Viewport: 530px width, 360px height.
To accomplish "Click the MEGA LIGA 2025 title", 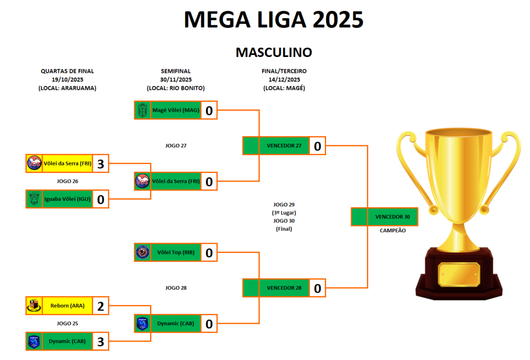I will pos(273,20).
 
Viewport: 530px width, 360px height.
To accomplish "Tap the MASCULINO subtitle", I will pos(273,52).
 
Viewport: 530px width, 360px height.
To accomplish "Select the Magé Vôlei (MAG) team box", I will pos(175,110).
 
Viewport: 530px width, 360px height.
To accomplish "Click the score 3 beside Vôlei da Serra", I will pos(101,164).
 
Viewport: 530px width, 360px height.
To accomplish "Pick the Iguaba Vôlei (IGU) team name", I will pos(67,199).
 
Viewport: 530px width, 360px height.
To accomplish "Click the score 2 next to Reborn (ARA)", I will pos(101,306).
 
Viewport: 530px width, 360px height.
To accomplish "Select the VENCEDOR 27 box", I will pos(284,146).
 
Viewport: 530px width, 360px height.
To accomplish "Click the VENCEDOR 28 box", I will pos(284,288).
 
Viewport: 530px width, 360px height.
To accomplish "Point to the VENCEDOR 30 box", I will pos(392,217).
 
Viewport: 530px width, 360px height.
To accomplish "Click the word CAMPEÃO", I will pos(393,231).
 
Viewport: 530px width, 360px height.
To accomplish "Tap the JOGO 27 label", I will pos(176,146).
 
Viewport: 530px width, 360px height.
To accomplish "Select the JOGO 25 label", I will pos(67,323).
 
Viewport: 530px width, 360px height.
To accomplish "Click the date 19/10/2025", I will pos(67,80).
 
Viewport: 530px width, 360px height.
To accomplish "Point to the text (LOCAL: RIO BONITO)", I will pos(176,88).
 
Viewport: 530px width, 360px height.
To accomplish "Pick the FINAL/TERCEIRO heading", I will pos(284,71).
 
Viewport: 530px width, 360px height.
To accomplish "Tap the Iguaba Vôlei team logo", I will pos(34,199).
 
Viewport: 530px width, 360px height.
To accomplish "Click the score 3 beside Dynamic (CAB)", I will pos(101,341).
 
